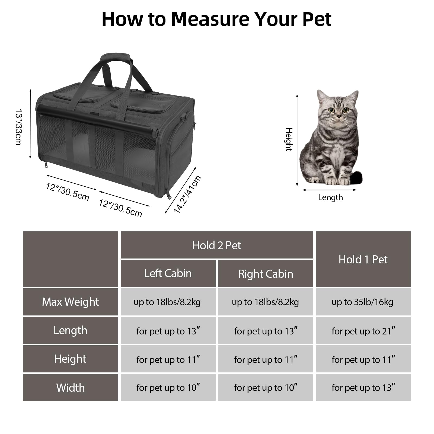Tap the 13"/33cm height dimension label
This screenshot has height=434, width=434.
(18, 127)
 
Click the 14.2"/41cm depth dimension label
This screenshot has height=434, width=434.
(187, 194)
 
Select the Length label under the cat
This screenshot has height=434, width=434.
(330, 197)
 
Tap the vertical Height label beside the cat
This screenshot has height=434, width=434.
(289, 139)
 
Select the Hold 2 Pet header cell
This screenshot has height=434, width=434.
(216, 245)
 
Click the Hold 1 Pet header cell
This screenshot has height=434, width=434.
(363, 259)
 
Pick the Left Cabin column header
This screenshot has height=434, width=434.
(168, 273)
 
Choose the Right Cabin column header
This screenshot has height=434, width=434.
(266, 274)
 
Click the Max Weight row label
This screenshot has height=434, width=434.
(70, 302)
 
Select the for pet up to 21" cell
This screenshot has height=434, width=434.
(363, 331)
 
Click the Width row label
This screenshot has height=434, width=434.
(70, 388)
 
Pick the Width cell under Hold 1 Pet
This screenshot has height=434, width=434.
(363, 388)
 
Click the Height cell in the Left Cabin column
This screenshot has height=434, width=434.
(168, 359)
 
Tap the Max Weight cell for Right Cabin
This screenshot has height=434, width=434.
(266, 302)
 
